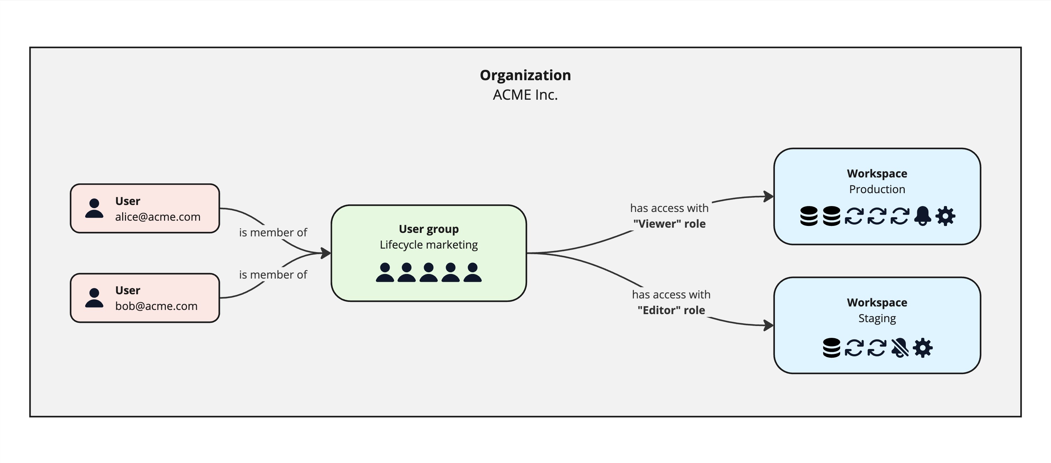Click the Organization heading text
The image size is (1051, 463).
525,75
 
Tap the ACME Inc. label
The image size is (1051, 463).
525,95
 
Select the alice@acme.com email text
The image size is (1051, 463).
157,217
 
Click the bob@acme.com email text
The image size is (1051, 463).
156,306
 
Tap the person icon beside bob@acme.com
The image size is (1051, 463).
94,298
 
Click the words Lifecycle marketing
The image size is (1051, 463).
428,244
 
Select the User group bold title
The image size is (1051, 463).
428,229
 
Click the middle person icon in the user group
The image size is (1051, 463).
428,272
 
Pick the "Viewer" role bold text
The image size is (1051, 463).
669,224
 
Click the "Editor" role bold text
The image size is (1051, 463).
671,310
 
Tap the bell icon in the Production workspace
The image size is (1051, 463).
923,216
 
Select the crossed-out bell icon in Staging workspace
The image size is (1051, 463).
900,348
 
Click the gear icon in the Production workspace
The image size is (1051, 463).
945,216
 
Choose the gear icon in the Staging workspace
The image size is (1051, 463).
923,348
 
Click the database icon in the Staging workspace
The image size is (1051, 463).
831,348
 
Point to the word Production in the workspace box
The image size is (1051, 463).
877,189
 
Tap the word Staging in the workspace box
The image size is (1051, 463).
877,318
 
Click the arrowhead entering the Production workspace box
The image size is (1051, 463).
769,196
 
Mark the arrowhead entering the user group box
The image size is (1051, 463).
326,253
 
